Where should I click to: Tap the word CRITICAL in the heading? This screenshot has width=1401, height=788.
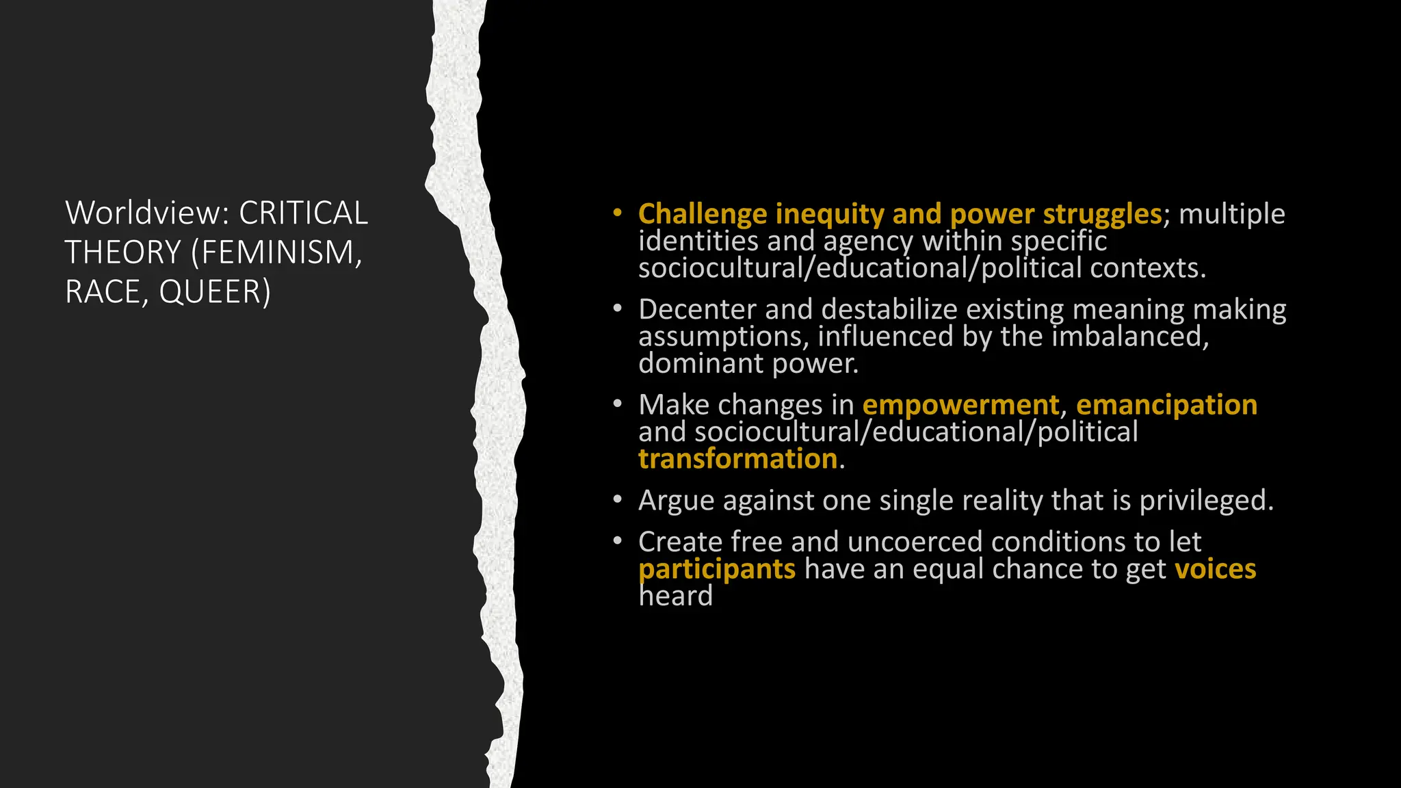[303, 213]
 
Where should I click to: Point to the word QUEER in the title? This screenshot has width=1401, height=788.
[215, 292]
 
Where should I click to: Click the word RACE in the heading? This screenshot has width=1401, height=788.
[103, 292]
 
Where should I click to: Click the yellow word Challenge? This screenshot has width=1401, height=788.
[703, 214]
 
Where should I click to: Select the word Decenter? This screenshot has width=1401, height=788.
[697, 309]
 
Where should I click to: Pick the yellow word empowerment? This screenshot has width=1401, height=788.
[960, 405]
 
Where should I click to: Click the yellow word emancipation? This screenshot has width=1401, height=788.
[1166, 405]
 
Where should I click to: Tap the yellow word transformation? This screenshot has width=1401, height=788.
[737, 459]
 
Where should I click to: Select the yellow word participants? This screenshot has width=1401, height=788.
[716, 569]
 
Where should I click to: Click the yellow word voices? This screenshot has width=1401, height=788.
[1215, 569]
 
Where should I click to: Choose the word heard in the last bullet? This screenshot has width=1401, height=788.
[675, 596]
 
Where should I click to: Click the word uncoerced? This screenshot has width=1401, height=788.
[915, 542]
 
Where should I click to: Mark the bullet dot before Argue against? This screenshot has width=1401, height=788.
[617, 500]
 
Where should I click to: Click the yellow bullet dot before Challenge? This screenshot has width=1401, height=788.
[617, 213]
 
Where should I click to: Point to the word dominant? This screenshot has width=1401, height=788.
[700, 363]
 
